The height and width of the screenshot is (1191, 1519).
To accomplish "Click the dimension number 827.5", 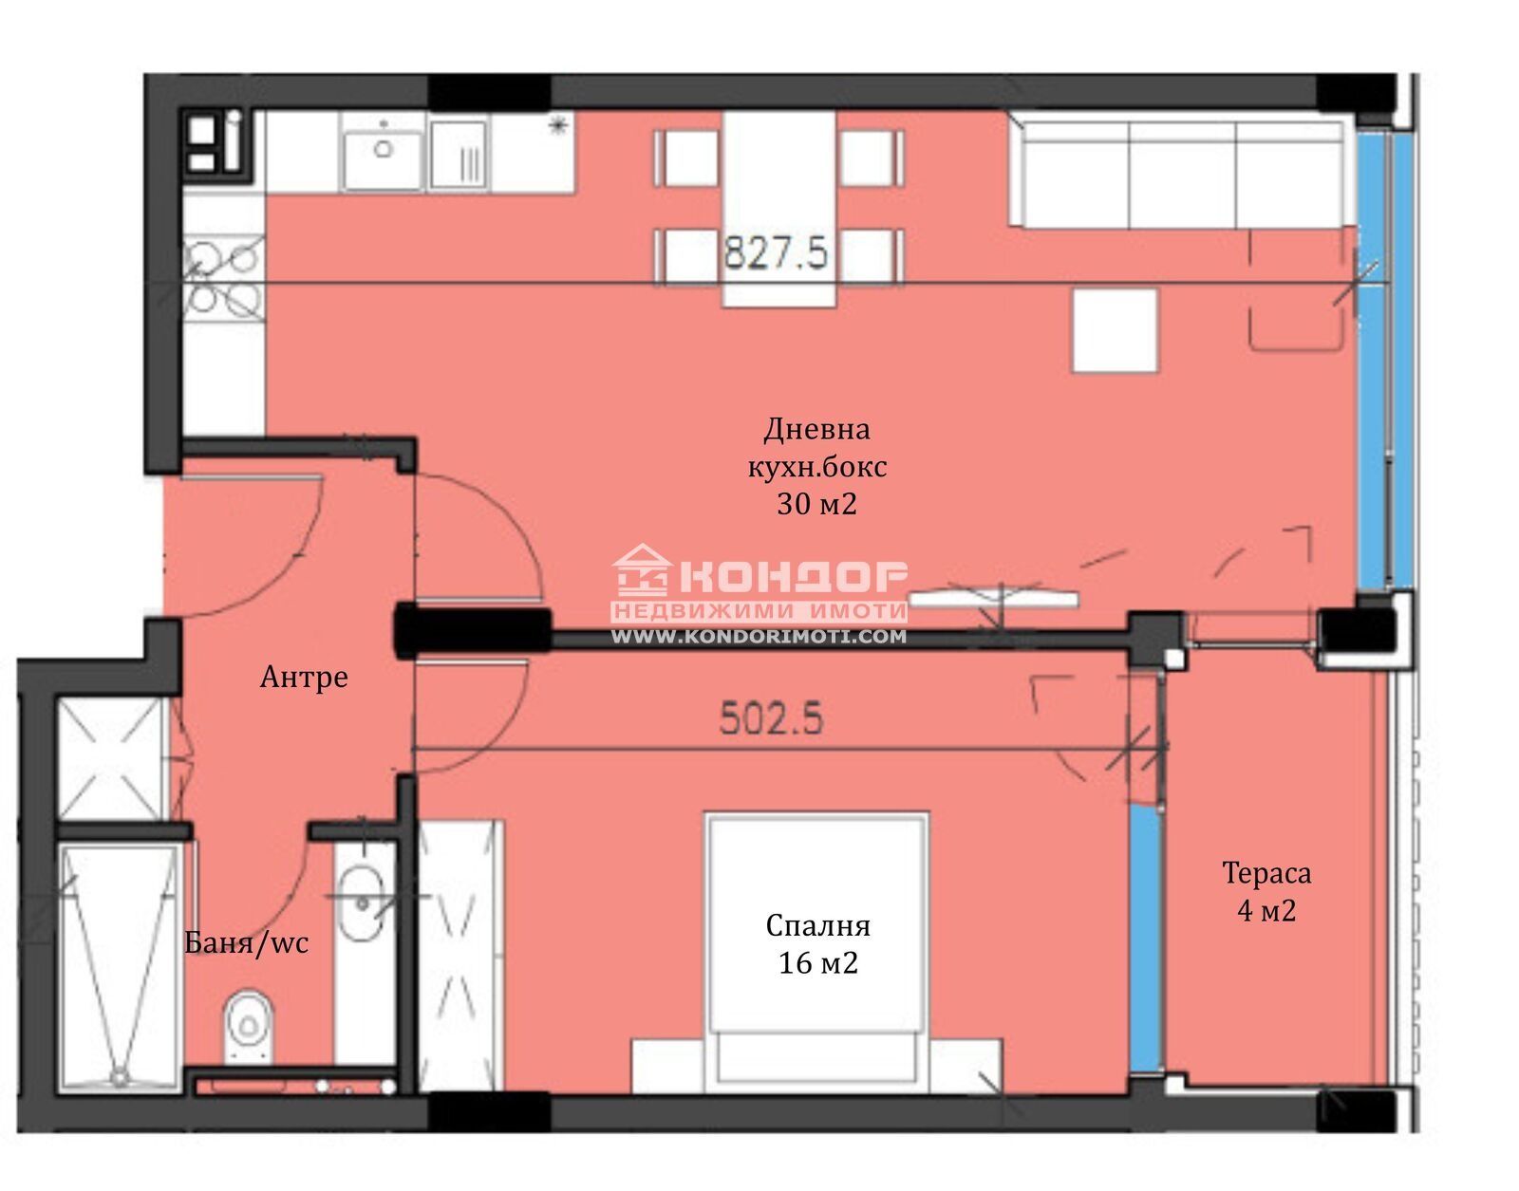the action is click(x=776, y=252).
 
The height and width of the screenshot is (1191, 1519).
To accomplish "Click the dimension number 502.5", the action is click(x=771, y=717).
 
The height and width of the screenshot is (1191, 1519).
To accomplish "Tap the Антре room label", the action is click(x=304, y=677).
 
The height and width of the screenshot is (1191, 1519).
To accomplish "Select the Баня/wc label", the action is click(x=246, y=943).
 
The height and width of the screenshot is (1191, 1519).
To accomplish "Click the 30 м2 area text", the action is click(x=816, y=503).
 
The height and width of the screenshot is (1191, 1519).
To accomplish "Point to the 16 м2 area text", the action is click(x=817, y=963).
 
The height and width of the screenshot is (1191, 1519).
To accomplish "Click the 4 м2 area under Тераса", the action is click(x=1266, y=910).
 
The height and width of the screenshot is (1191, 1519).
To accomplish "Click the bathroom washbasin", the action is click(x=361, y=903).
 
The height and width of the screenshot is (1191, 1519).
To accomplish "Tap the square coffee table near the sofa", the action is click(x=1116, y=330).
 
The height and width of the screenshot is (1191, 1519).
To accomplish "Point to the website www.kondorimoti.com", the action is click(x=759, y=637).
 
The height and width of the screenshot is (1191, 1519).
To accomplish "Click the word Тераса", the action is click(x=1266, y=873).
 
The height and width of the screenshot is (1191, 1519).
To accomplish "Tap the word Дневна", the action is click(x=816, y=430).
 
